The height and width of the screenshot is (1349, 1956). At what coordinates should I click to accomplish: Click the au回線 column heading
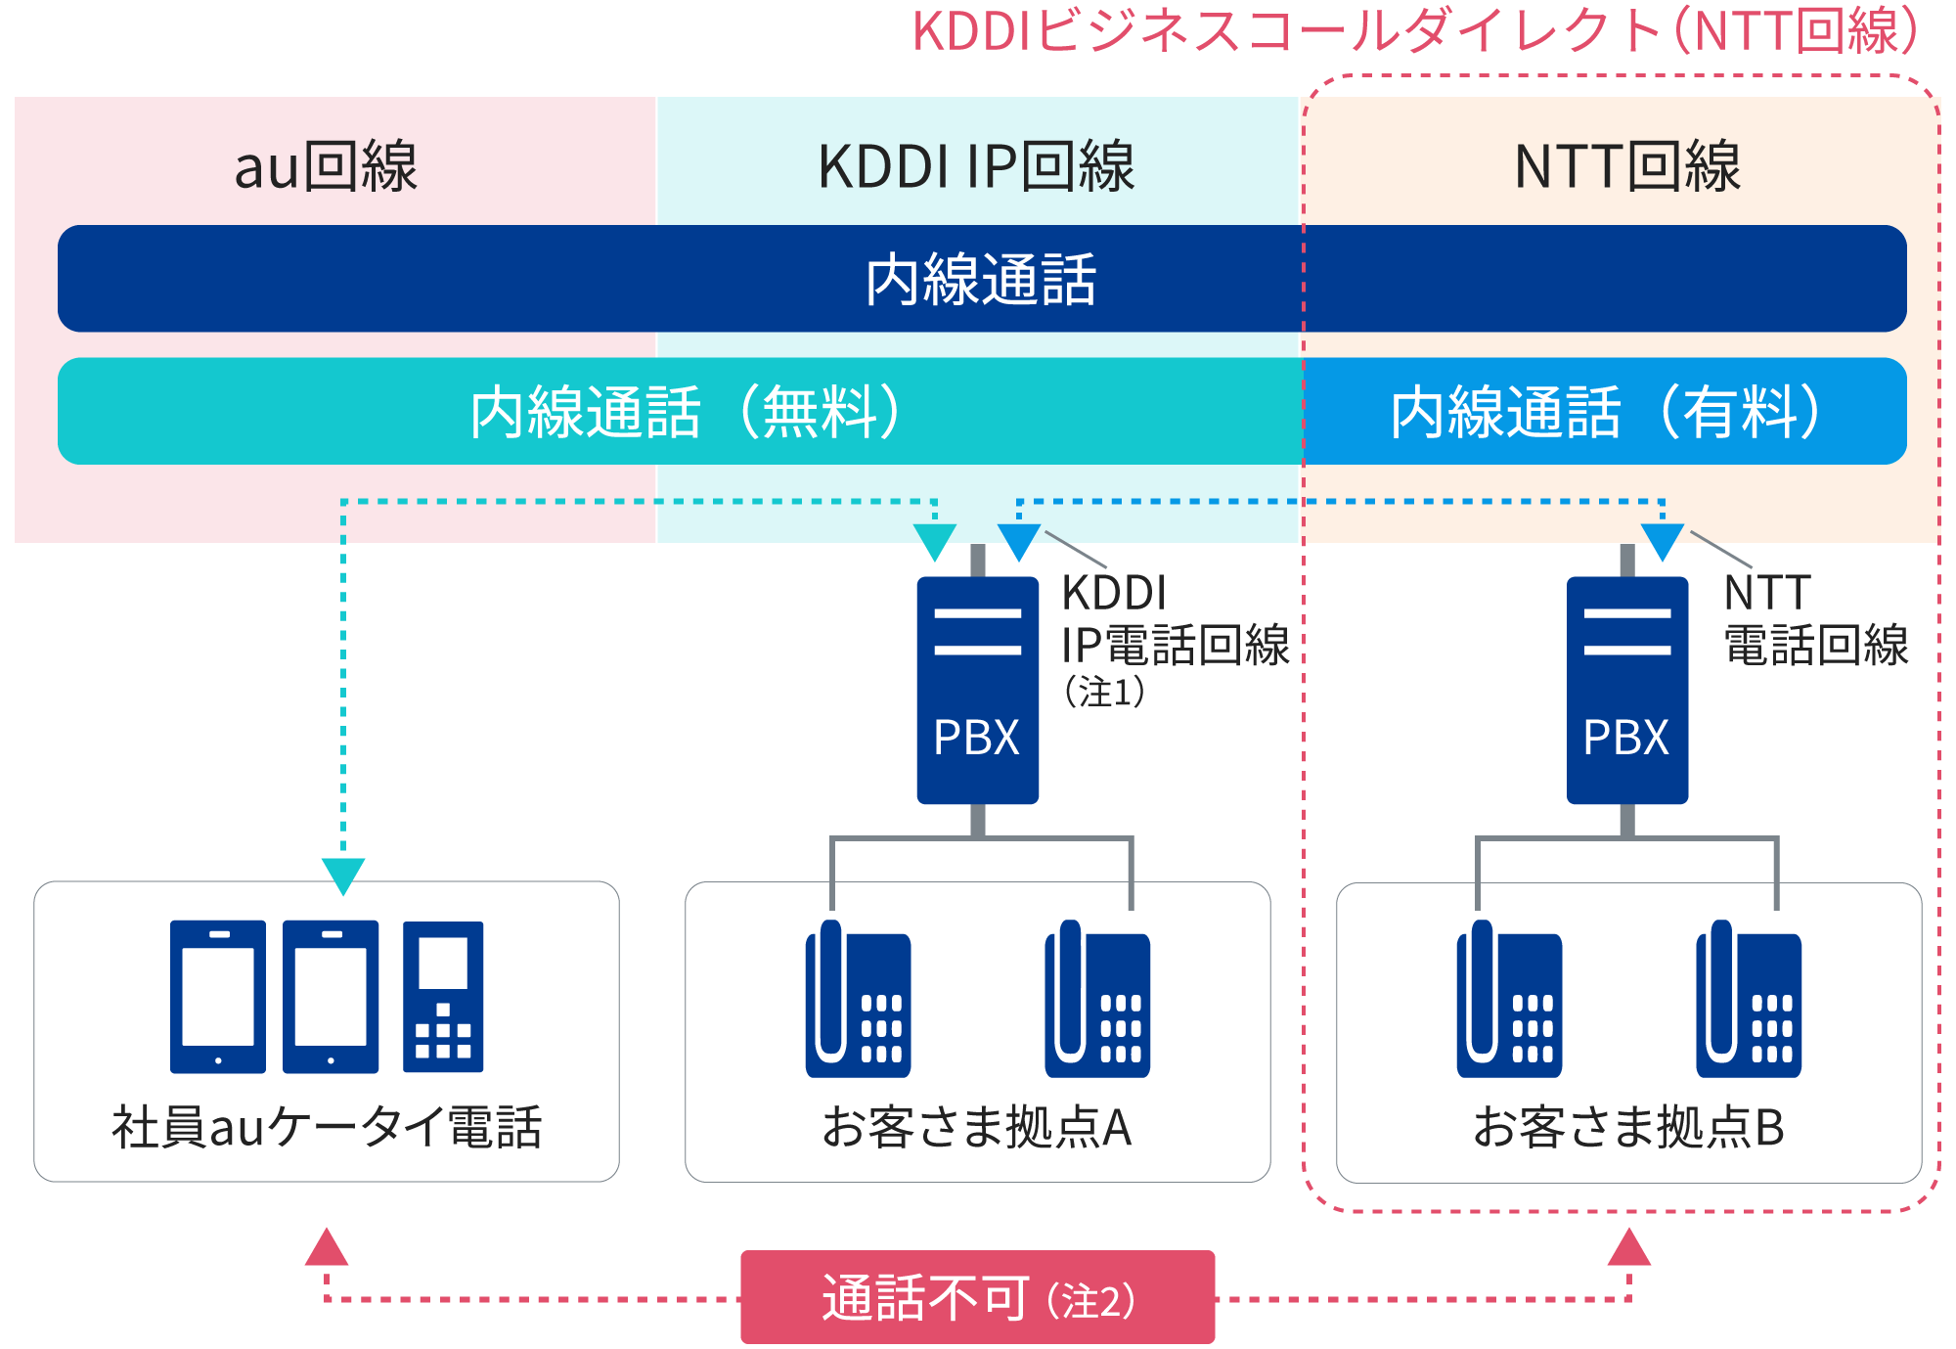click(326, 166)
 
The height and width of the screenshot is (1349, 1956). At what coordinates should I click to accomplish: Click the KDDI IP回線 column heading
click(976, 166)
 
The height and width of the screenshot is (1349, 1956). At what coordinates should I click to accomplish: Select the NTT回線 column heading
click(1626, 166)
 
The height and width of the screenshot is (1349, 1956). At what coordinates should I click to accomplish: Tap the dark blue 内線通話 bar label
click(981, 280)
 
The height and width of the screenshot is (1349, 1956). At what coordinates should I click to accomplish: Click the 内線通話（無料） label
click(685, 412)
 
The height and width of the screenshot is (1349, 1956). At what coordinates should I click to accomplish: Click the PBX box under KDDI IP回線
click(977, 691)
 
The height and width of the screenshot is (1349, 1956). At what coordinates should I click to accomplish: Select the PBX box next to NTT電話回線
click(1626, 691)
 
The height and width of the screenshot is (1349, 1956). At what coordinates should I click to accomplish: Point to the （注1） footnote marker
click(1104, 693)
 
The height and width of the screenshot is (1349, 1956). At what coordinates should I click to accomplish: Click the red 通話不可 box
click(977, 1297)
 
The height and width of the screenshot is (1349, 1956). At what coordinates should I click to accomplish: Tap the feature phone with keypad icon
click(443, 996)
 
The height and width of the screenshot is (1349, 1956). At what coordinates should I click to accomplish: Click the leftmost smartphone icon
click(218, 996)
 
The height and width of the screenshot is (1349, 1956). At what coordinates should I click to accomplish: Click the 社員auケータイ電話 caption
click(327, 1127)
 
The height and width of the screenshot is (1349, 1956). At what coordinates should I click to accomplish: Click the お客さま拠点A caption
click(977, 1127)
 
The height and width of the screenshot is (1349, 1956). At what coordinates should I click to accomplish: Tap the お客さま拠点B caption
click(1628, 1127)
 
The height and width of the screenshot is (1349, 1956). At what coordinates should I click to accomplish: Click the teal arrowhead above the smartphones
click(343, 874)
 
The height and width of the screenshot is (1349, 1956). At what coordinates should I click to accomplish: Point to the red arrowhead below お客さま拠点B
click(1629, 1249)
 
